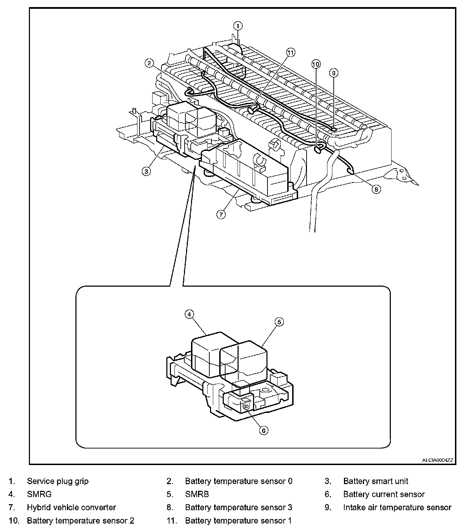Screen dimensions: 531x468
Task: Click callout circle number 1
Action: click(x=238, y=25)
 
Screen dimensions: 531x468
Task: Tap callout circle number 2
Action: click(x=149, y=63)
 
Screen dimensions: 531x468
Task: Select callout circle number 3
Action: click(x=146, y=171)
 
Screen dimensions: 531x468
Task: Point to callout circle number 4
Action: click(x=189, y=314)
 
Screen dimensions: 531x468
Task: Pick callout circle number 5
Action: click(x=279, y=322)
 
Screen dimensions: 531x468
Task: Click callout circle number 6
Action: click(x=264, y=430)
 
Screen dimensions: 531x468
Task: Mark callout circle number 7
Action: click(x=221, y=214)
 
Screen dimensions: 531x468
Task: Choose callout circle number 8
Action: click(x=376, y=189)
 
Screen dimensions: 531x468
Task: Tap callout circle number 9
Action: click(x=333, y=73)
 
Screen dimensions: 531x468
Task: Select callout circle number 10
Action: click(x=316, y=64)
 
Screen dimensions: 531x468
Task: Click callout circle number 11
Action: click(x=290, y=53)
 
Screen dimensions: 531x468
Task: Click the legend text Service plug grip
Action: click(x=58, y=481)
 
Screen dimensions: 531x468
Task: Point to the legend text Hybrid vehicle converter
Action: click(x=71, y=508)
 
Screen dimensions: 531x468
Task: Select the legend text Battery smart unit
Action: click(x=376, y=481)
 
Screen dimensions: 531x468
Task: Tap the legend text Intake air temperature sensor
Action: click(x=397, y=508)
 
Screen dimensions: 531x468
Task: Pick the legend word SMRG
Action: click(x=39, y=494)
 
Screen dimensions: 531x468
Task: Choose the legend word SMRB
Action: click(x=197, y=494)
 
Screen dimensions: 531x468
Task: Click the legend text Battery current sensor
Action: click(x=384, y=494)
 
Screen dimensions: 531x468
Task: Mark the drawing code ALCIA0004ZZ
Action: click(x=438, y=460)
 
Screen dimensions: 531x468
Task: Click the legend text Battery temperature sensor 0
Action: click(x=239, y=481)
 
